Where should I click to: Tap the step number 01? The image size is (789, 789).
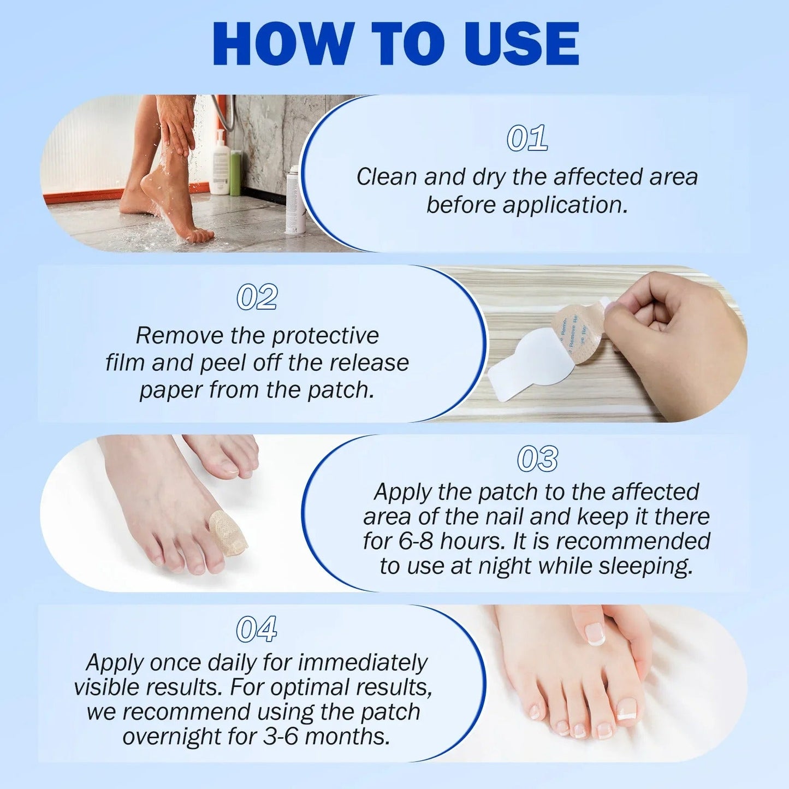(527, 138)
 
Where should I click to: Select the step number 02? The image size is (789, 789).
(257, 298)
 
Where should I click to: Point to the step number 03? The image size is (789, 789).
(537, 459)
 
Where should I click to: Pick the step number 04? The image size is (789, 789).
(256, 629)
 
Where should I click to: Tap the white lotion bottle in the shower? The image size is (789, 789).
(220, 164)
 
